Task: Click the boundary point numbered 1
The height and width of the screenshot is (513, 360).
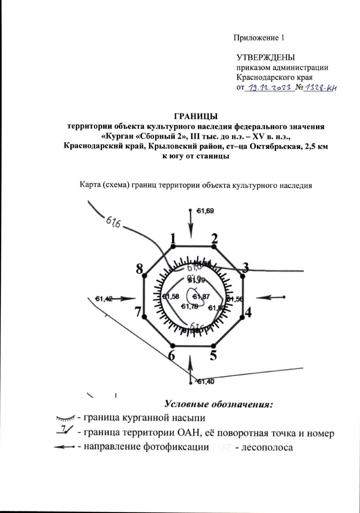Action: [173, 247]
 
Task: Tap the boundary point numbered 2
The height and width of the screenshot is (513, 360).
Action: [214, 247]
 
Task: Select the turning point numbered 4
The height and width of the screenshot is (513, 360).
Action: [242, 317]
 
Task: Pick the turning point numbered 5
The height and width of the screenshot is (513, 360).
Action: [214, 345]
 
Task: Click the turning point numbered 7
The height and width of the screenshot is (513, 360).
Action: [144, 317]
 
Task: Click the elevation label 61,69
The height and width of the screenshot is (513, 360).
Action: [205, 211]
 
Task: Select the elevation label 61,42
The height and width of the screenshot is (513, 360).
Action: [103, 298]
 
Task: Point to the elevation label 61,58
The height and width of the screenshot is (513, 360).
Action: [171, 297]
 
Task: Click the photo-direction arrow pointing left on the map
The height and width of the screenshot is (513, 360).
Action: [270, 297]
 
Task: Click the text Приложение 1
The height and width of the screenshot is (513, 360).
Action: [259, 38]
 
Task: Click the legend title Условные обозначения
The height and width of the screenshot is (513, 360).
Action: [219, 404]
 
